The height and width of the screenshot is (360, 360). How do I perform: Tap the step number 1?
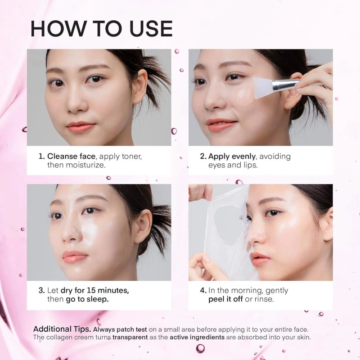point(41,157)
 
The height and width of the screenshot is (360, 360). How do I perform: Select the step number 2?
point(203,157)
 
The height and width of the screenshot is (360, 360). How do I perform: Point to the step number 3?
point(41,290)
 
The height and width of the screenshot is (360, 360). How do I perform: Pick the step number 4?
point(203,290)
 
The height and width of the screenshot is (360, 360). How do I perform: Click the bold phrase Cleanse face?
point(72,157)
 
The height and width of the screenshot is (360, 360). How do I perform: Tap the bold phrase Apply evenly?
point(232,157)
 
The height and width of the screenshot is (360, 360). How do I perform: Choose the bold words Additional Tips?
point(62,328)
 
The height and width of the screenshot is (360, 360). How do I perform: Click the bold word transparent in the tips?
point(131,337)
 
